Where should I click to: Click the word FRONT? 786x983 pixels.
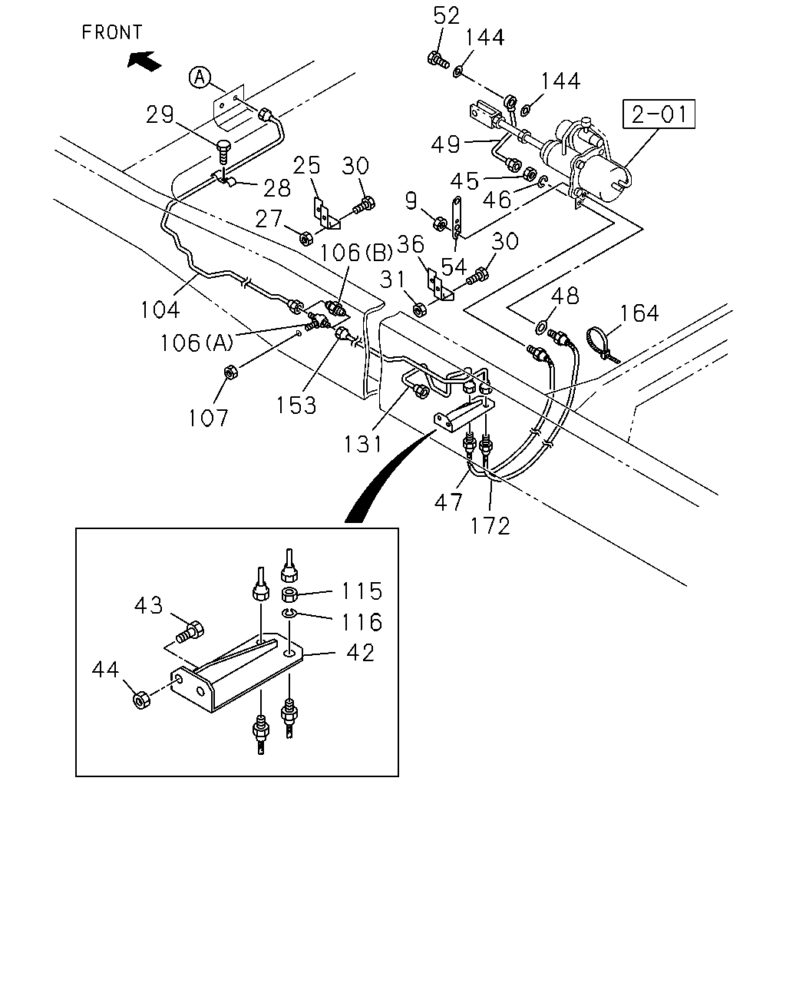tap(112, 32)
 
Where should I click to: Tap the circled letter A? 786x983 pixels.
tap(200, 78)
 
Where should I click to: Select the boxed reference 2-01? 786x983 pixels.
tap(659, 114)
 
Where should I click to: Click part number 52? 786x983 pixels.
tap(446, 16)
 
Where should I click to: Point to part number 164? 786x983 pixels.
tap(639, 313)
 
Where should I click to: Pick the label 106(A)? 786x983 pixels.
tap(196, 343)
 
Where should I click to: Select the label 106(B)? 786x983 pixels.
tap(356, 253)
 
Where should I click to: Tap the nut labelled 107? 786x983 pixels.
tap(230, 372)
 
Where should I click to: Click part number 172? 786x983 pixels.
tap(490, 526)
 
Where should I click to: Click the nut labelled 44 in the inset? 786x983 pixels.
tap(141, 700)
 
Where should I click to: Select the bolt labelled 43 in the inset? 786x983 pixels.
tap(190, 632)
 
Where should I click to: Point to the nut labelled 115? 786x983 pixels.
tap(289, 595)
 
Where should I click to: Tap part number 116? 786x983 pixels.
tap(362, 622)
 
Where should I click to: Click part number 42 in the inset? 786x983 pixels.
tap(361, 653)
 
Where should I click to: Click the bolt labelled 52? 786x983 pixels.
tap(438, 60)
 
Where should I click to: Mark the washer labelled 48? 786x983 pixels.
tap(541, 326)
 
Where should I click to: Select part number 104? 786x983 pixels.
tap(160, 310)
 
